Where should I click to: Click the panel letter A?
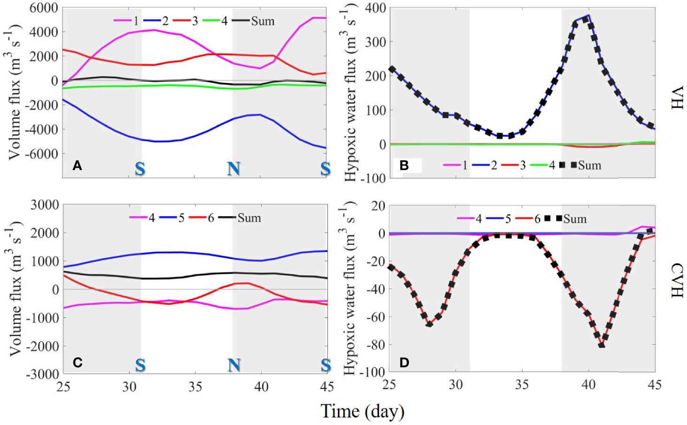click(x=78, y=165)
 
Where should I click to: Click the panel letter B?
click(x=404, y=165)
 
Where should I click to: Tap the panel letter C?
click(x=78, y=362)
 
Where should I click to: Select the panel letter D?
click(x=404, y=362)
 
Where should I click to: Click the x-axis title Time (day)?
click(x=362, y=411)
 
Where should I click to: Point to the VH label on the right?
click(x=676, y=98)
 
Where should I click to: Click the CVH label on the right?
click(x=676, y=280)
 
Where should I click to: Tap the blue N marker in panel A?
click(x=234, y=168)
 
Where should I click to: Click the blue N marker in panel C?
click(x=234, y=365)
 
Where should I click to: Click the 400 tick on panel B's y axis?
click(x=375, y=8)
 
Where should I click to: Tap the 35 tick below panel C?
click(x=195, y=387)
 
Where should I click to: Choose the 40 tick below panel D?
click(x=588, y=385)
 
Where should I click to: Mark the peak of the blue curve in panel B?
click(x=588, y=15)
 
